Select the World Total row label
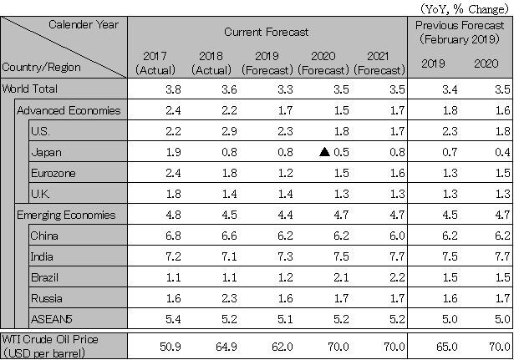coord(31,88)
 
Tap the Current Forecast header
coord(267,31)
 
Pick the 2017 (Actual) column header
coord(155,63)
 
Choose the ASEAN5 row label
coord(49,319)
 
